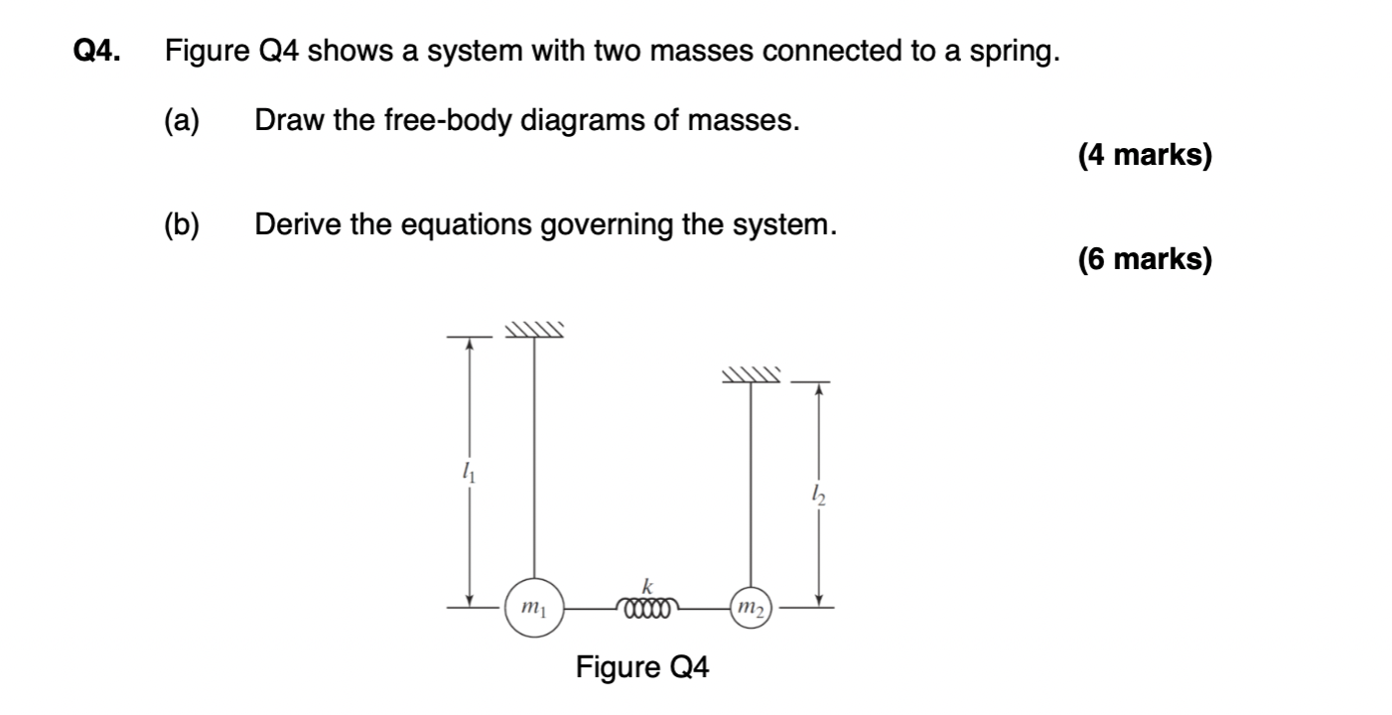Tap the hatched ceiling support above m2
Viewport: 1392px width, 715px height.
pos(752,375)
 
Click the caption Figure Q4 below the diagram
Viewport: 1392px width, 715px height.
pos(643,667)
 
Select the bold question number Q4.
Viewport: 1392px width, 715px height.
pos(99,51)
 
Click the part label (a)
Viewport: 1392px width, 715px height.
pos(182,121)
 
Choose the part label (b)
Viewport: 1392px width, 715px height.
pos(182,225)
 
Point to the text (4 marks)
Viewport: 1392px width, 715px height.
pos(1144,156)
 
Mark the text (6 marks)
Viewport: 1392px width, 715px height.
pos(1144,260)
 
